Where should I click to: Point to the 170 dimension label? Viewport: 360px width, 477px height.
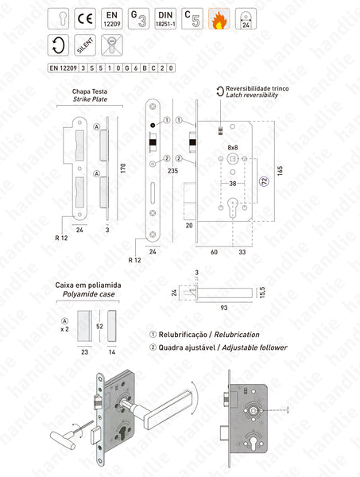click(x=124, y=169)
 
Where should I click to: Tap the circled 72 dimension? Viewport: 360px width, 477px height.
click(x=264, y=183)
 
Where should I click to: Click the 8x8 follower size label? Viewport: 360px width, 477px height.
click(x=233, y=148)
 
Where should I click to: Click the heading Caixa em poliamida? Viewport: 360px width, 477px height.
click(x=87, y=283)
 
